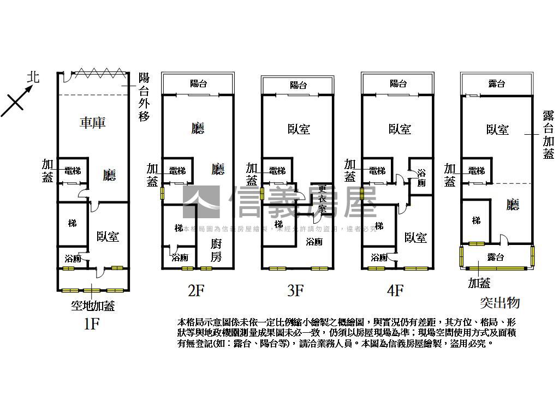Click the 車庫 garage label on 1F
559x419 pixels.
click(x=92, y=123)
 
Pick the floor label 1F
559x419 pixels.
click(x=91, y=324)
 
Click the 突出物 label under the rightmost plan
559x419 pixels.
click(x=499, y=303)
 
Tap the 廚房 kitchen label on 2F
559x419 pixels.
click(x=216, y=250)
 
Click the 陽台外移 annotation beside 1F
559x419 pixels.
click(x=144, y=97)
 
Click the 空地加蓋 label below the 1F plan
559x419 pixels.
click(x=93, y=306)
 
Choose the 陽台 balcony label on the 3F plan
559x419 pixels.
click(x=298, y=85)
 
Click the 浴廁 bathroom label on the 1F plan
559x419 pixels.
click(x=72, y=259)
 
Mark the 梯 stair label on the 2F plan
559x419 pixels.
click(x=179, y=228)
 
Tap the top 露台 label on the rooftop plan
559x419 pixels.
click(x=496, y=84)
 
